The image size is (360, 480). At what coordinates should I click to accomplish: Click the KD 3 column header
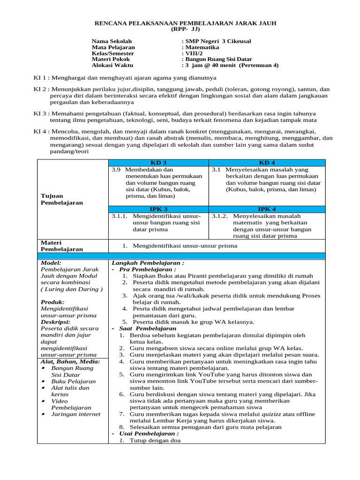[158, 163]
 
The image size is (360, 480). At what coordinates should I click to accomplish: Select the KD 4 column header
[266, 163]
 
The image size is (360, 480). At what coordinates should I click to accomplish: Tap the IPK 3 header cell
[158, 209]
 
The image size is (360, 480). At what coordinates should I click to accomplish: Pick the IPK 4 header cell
[266, 209]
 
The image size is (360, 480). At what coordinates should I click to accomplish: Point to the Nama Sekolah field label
[112, 41]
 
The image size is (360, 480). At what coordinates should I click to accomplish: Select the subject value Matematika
[202, 47]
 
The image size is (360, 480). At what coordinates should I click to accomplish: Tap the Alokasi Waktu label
[112, 66]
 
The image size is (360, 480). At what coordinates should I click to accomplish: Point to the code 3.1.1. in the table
[120, 217]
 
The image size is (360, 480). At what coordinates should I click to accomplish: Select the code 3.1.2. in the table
[220, 217]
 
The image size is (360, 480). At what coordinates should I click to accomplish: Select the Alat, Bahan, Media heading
[70, 361]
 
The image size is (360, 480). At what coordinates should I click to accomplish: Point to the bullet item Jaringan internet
[76, 414]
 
